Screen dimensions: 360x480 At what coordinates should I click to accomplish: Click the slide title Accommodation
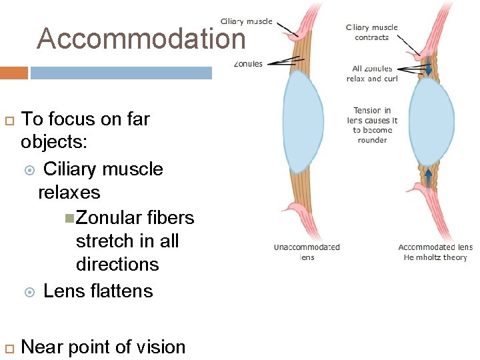[141, 39]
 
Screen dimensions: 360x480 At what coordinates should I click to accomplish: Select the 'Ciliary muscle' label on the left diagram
[246, 21]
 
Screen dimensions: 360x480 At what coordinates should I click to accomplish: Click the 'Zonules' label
[248, 64]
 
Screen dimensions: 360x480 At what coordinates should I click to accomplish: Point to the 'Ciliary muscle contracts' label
[371, 33]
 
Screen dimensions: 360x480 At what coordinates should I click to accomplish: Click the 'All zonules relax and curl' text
[371, 73]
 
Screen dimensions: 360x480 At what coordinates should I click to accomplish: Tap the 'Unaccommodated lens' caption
[307, 251]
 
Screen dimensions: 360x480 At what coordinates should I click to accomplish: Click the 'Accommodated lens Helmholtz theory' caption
[435, 252]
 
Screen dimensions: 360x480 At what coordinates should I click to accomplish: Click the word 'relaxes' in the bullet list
[69, 193]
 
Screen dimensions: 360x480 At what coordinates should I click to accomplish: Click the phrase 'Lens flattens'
[98, 291]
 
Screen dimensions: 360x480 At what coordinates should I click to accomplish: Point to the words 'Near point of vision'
[103, 347]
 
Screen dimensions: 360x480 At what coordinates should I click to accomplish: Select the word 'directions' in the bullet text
[117, 264]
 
